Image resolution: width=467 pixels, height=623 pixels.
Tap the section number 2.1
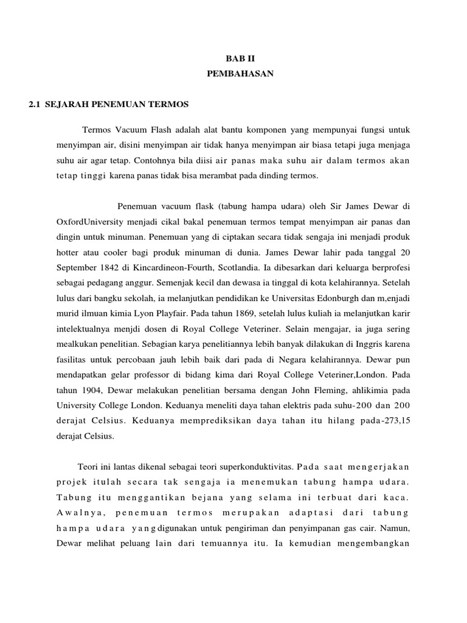[x=35, y=104]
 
